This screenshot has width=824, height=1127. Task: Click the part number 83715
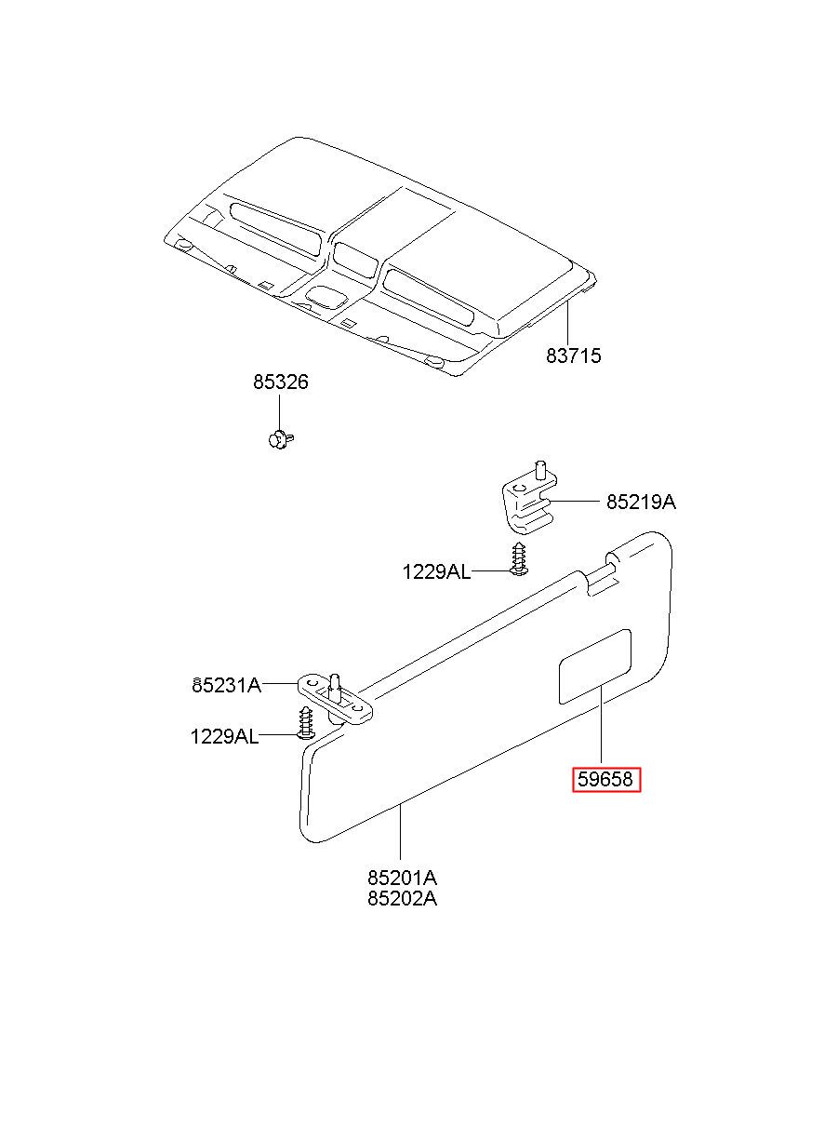573,356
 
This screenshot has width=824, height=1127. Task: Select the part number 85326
280,382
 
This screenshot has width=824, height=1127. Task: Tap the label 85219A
641,503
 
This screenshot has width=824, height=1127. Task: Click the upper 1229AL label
436,571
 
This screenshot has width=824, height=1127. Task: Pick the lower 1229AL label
224,736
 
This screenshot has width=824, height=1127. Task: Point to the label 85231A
226,686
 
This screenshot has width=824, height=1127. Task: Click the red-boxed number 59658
606,780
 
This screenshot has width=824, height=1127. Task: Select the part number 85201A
402,878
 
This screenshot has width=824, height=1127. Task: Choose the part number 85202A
402,899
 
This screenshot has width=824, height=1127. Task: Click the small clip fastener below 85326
278,437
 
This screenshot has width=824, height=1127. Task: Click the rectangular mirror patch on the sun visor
594,666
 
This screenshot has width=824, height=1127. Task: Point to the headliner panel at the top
391,251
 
